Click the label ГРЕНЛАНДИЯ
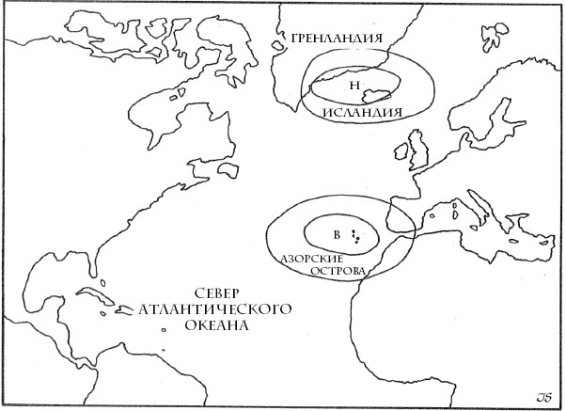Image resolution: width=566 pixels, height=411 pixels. pos(336,39)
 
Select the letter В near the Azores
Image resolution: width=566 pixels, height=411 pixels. pos(335,232)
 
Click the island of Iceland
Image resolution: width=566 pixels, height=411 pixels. pos(379,92)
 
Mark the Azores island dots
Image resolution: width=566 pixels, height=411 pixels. pos(354,235)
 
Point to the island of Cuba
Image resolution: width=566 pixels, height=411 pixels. pos(94,299)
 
